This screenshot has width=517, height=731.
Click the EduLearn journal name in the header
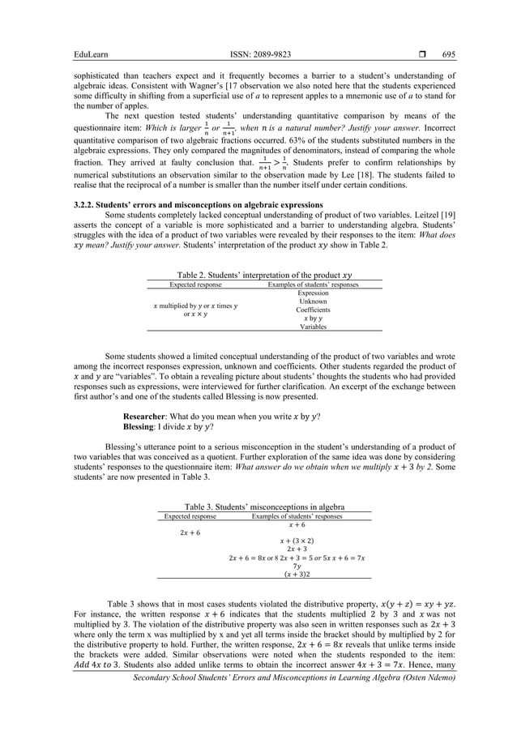point(91,54)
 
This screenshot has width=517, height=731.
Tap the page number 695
point(449,54)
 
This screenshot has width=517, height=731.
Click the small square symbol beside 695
point(420,54)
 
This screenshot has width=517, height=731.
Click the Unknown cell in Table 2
point(313,301)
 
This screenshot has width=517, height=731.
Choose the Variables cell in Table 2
point(313,327)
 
